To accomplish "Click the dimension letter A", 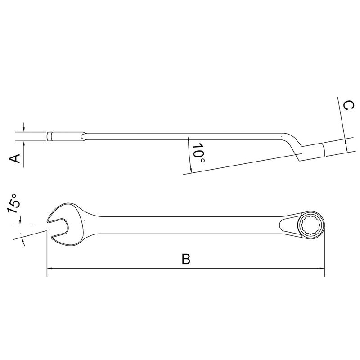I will (15, 159).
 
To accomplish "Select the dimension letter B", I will (185, 260).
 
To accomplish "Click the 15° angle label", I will (14, 203).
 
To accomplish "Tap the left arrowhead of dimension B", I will (50, 269).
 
